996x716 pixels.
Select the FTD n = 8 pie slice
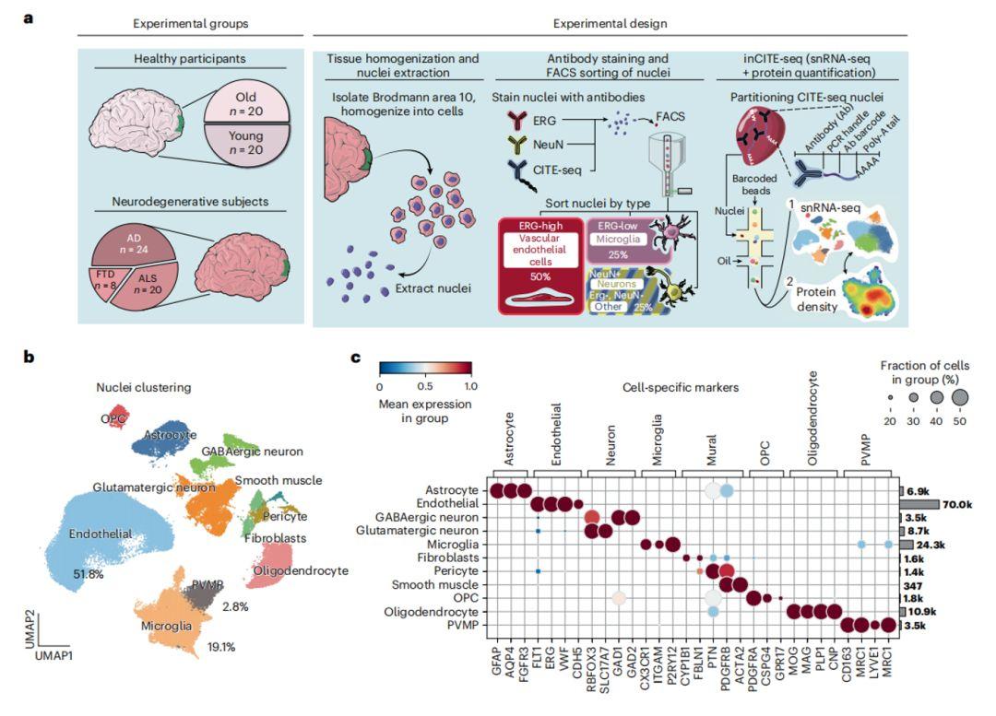[108, 279]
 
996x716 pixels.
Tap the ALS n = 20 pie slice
[150, 288]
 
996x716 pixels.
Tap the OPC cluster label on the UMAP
[113, 417]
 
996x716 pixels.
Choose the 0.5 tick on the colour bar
[424, 387]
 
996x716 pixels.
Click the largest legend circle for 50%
[959, 397]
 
